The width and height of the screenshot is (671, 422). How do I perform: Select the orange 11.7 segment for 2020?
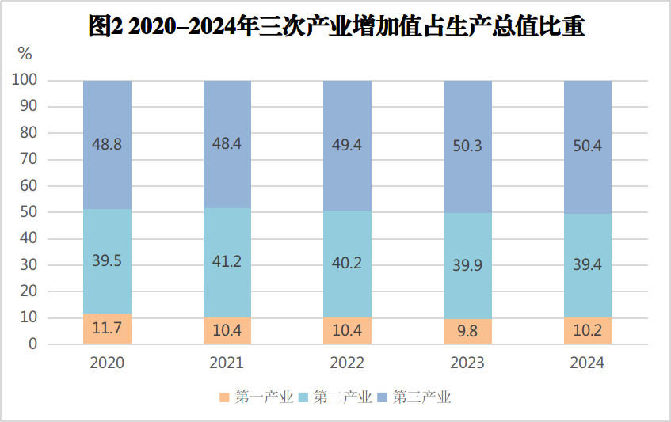(x=107, y=329)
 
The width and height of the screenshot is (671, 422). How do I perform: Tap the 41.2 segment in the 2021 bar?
(x=227, y=263)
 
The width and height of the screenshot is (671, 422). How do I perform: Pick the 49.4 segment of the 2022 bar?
(x=347, y=145)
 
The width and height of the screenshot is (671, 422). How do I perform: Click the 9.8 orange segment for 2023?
(x=467, y=332)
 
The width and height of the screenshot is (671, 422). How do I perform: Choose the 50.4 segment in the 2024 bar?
(x=587, y=146)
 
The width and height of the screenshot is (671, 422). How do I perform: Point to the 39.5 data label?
(x=107, y=260)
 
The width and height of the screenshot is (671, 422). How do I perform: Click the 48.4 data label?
(x=227, y=143)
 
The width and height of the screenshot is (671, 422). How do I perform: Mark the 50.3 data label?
(x=467, y=146)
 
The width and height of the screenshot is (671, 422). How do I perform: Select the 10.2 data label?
(x=587, y=330)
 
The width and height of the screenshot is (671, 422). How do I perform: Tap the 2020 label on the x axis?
(x=107, y=363)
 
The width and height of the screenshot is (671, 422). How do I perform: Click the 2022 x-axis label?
(x=347, y=363)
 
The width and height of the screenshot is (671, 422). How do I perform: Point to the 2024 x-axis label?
(x=587, y=363)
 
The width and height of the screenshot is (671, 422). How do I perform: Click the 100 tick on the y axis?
(x=26, y=80)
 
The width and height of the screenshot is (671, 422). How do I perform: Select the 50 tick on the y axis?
(x=29, y=212)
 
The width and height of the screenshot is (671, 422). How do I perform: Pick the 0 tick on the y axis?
(x=33, y=344)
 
